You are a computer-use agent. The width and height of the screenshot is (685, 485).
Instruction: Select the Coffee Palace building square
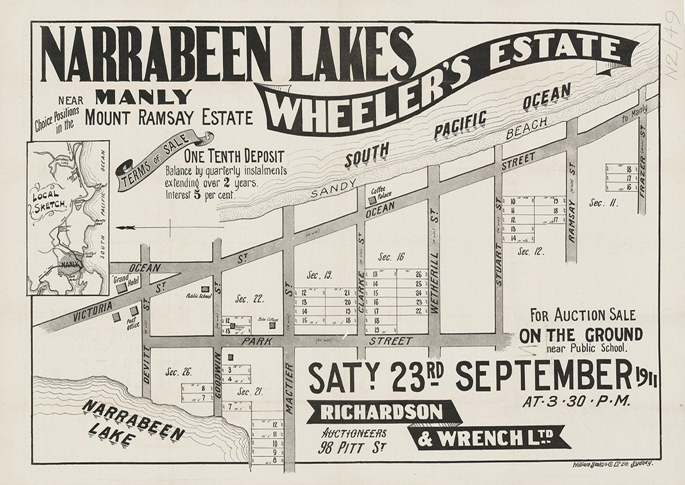pos(373,201)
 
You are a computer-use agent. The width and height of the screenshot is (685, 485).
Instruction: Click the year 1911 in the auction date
pos(646,380)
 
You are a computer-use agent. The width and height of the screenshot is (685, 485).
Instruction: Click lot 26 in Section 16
pos(418,274)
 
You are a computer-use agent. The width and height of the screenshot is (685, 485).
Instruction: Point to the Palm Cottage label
pos(267,319)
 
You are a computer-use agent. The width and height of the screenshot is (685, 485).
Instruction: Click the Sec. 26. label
pos(179,372)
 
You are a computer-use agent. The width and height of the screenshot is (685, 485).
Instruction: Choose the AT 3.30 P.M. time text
pos(577,400)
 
